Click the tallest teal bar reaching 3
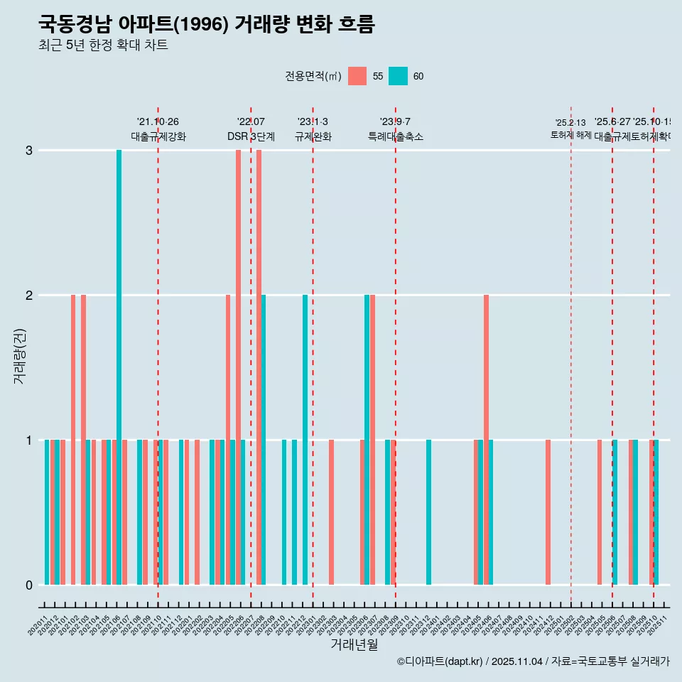click(x=119, y=367)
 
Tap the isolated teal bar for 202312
click(x=428, y=511)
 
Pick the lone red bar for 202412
click(x=548, y=511)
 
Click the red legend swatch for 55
click(x=357, y=76)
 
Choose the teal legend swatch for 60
click(x=398, y=76)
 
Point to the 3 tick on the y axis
click(x=29, y=150)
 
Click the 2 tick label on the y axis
click(x=29, y=295)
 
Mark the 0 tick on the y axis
click(x=29, y=585)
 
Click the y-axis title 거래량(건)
click(x=19, y=355)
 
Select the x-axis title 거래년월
click(x=354, y=644)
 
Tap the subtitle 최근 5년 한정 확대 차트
click(x=103, y=45)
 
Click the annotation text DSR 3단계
click(x=251, y=136)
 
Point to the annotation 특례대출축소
click(x=395, y=136)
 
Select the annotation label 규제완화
click(x=313, y=136)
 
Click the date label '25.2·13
click(x=570, y=123)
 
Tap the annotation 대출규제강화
click(x=158, y=136)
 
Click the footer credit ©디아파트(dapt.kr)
click(x=440, y=661)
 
